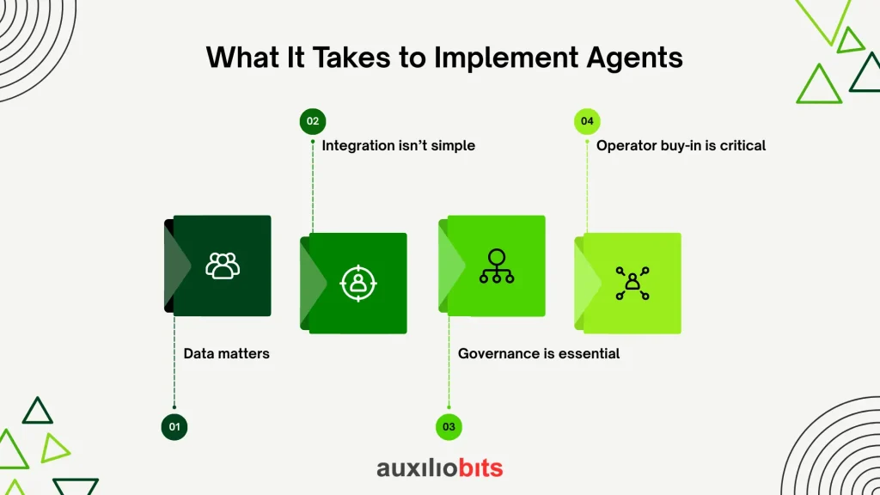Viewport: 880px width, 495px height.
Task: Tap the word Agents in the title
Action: click(634, 58)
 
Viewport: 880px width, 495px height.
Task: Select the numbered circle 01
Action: click(174, 427)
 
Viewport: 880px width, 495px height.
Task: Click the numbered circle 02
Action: click(313, 121)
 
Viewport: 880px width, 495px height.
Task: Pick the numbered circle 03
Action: click(449, 427)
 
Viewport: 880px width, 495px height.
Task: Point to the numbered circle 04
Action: click(587, 121)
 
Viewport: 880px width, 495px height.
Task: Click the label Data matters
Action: click(226, 353)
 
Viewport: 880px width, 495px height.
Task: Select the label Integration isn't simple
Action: click(399, 146)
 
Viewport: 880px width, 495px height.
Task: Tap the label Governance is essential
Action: click(539, 353)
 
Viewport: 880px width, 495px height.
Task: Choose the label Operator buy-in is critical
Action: click(681, 146)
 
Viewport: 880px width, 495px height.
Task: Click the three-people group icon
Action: click(223, 266)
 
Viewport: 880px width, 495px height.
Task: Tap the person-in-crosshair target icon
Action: click(358, 284)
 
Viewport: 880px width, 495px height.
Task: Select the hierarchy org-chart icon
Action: click(497, 266)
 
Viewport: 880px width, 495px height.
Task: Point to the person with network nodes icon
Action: click(632, 284)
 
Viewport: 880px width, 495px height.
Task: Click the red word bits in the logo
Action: click(480, 467)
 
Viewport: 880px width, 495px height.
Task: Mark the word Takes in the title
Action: click(351, 58)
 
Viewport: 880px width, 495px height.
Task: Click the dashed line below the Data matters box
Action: click(174, 362)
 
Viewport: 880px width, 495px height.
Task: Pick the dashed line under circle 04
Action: click(587, 186)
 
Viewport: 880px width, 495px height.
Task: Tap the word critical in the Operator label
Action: click(742, 146)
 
